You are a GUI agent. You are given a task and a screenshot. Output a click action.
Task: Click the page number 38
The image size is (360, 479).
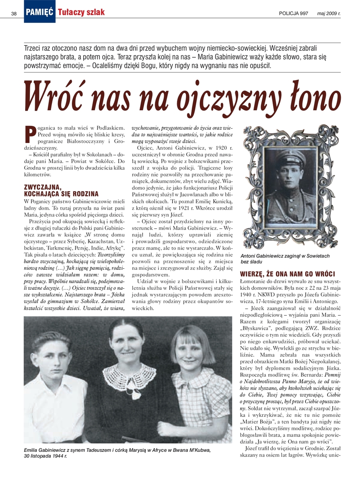pos(14,14)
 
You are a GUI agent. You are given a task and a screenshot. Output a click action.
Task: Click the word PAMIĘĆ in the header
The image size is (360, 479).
pos(40,12)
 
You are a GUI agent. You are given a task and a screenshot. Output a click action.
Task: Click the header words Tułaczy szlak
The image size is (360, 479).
pos(81,12)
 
